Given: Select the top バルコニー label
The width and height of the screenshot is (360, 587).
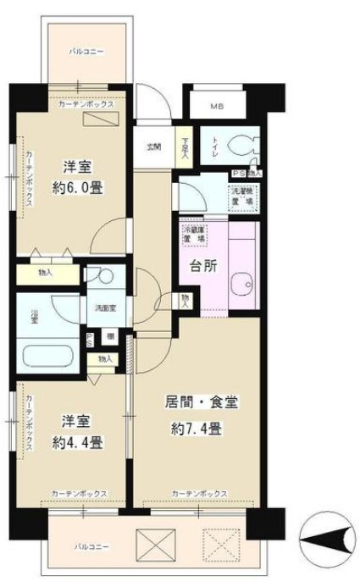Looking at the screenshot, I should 86,53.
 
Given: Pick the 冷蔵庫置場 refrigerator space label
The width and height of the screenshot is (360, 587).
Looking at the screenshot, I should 191,234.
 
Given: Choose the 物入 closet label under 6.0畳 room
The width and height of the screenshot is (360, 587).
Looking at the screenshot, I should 47,273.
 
